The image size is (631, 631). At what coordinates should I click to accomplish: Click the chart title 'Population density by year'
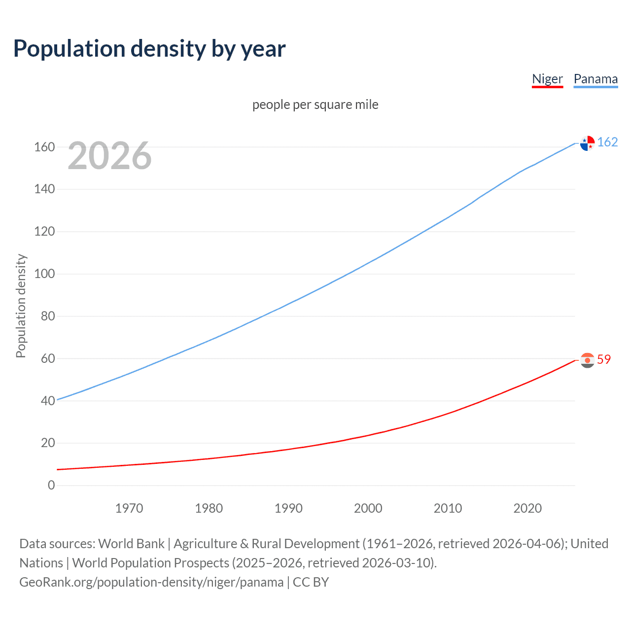(x=149, y=49)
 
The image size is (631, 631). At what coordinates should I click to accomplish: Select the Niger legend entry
(x=547, y=79)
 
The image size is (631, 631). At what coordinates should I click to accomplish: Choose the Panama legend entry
(x=596, y=79)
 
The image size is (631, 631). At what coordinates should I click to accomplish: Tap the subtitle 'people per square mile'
(x=315, y=105)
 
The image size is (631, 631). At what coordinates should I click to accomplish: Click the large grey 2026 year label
(x=109, y=156)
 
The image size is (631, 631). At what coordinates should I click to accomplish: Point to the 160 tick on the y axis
(x=44, y=147)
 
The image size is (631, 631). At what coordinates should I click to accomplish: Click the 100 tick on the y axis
(x=44, y=274)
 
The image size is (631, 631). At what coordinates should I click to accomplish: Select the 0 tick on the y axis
(x=51, y=485)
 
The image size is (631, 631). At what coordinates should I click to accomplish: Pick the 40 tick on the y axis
(x=48, y=401)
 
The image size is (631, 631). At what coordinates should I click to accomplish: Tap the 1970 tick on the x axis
(x=129, y=508)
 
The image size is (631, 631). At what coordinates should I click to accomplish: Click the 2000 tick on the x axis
(x=368, y=508)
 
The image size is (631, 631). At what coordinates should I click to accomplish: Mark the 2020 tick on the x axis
(x=527, y=508)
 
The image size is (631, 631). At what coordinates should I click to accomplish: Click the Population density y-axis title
(x=21, y=306)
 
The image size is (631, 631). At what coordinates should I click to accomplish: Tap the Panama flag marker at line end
(x=587, y=143)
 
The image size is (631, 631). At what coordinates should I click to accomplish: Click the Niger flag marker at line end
(x=587, y=360)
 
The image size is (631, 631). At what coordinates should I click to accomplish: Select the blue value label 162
(x=607, y=142)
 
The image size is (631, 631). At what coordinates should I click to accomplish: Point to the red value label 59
(x=604, y=360)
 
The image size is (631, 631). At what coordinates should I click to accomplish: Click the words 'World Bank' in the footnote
(x=131, y=544)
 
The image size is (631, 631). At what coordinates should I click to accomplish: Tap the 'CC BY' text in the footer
(x=311, y=582)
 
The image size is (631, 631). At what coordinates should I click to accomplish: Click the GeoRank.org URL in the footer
(x=151, y=582)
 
